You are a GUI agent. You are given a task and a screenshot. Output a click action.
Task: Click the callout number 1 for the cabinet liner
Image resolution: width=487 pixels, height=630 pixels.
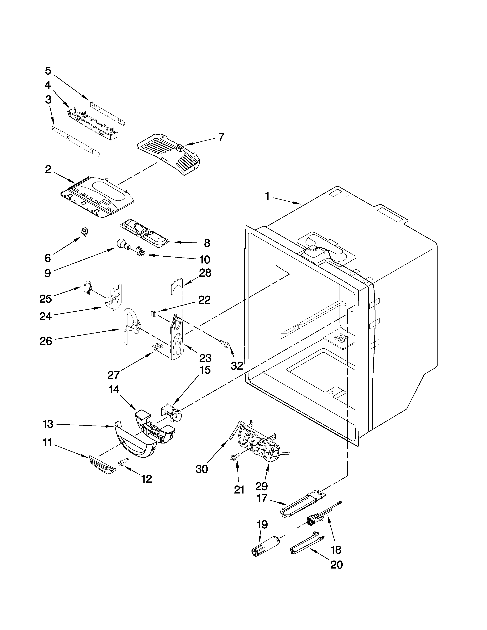click(x=267, y=196)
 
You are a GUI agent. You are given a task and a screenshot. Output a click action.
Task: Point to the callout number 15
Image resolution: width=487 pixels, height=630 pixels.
click(x=205, y=370)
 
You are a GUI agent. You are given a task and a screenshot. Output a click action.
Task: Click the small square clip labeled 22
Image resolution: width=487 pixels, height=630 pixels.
click(x=154, y=313)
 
